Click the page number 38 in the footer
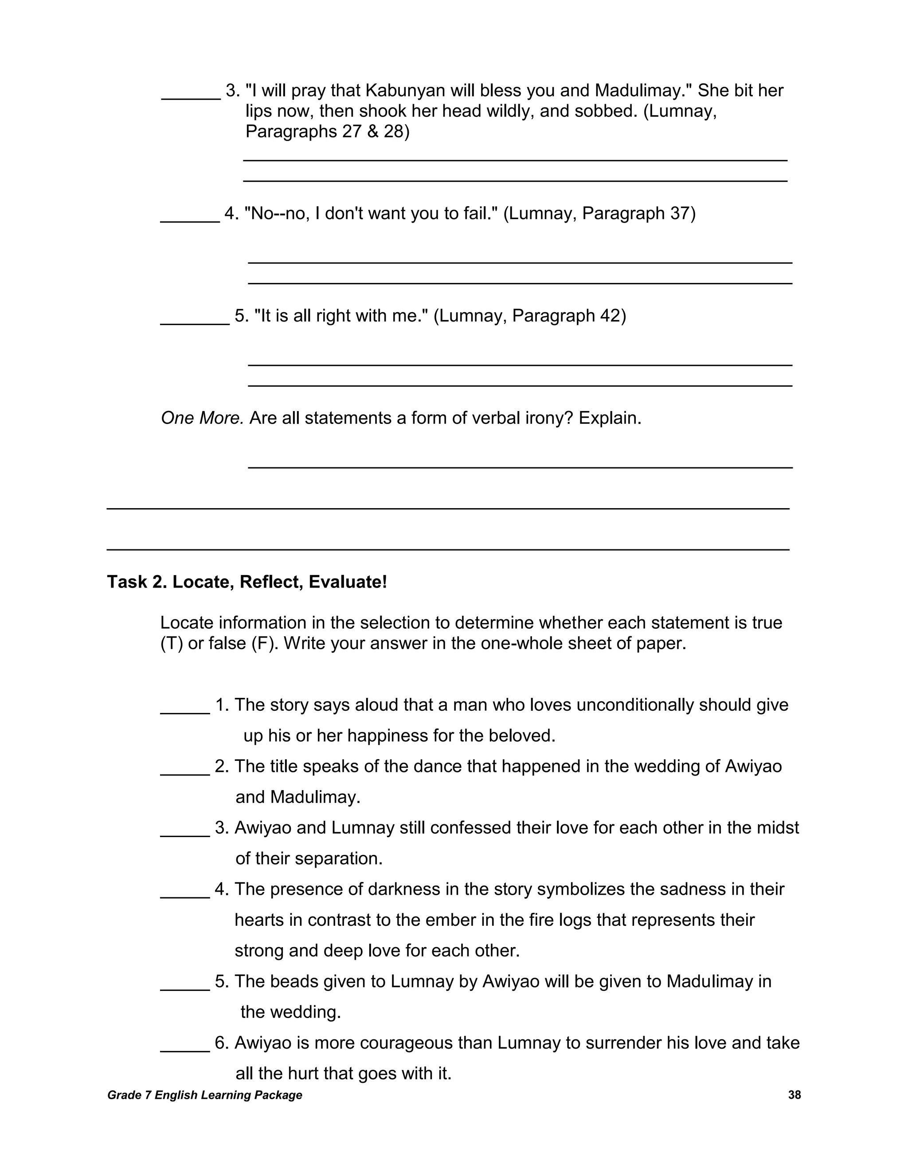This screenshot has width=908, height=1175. click(x=794, y=1095)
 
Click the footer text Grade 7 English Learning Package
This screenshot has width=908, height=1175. click(x=204, y=1095)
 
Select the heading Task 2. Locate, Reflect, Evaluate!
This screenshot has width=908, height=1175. click(x=247, y=582)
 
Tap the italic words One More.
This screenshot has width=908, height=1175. click(x=202, y=418)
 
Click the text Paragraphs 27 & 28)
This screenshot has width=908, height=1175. click(x=327, y=131)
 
